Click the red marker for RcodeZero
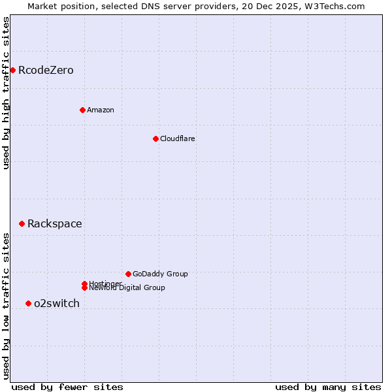pos(12,70)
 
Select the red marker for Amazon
pos(82,110)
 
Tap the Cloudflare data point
pos(155,139)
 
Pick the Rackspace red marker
pos(22,223)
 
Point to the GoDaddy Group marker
pos(128,274)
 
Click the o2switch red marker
pos(28,303)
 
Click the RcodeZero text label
pos(46,70)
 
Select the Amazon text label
pos(101,110)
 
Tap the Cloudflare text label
pos(178,139)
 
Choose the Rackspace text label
pos(55,223)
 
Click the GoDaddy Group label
pos(160,274)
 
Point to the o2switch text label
pos(57,303)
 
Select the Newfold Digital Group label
pos(127,288)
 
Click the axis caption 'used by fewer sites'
pos(67,387)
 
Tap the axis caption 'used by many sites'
pos(328,387)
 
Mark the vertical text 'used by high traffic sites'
pos(6,93)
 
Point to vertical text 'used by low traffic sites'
pos(6,306)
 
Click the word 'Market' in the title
pos(42,6)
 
